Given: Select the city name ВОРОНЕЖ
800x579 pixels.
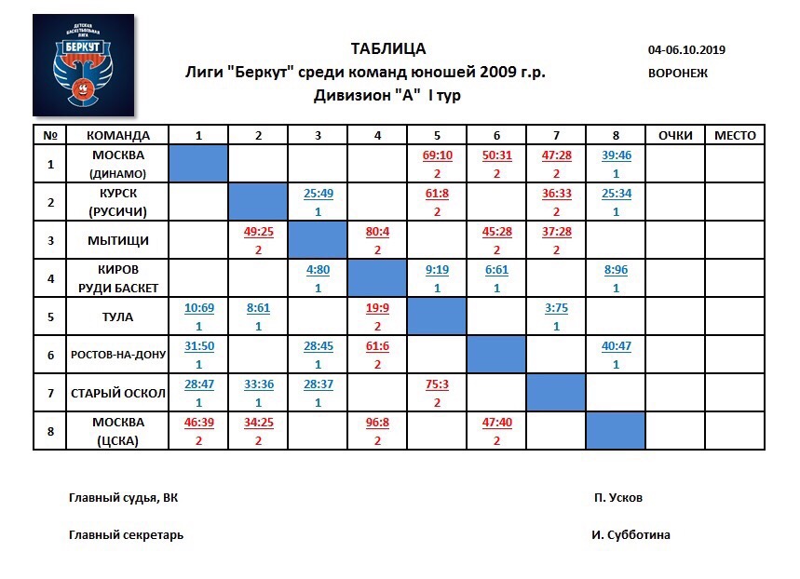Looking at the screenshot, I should point(678,73).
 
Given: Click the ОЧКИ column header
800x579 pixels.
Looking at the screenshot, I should point(674,135).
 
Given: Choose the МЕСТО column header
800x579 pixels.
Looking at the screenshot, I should point(735,135).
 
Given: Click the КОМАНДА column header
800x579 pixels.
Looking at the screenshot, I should point(117,135).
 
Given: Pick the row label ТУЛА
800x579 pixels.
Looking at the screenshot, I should point(117,316).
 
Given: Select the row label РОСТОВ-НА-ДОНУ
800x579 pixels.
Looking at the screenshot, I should point(117,355).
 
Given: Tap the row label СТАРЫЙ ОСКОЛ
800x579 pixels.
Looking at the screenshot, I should point(117,393).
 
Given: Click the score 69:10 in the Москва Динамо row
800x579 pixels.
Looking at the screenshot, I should point(437,155).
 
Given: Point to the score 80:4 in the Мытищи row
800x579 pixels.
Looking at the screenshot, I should point(377,232).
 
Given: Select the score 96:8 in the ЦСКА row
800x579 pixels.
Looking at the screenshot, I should point(377,423).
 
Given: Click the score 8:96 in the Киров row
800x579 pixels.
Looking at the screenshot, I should point(616,270).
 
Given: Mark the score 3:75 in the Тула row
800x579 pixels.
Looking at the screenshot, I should point(556,308).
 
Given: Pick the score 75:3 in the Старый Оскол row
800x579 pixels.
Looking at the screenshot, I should point(437,384).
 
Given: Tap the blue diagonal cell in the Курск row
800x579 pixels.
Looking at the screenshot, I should point(258,202).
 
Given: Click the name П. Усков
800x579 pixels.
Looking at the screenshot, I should point(617,498).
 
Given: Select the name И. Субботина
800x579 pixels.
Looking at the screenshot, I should point(630,535).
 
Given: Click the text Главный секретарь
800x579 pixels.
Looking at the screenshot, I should point(126,535).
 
